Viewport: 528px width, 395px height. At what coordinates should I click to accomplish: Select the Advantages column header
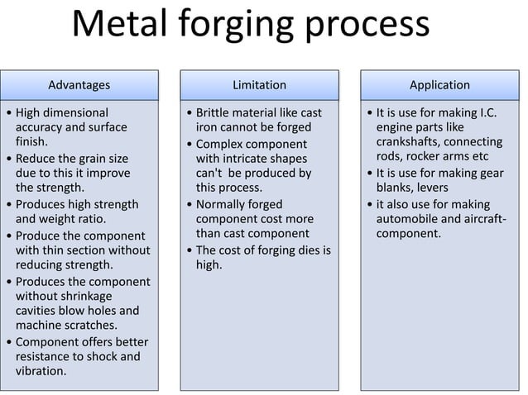(79, 85)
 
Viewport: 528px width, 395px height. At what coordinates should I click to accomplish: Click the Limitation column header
(259, 85)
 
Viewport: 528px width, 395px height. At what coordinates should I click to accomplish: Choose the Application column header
(439, 85)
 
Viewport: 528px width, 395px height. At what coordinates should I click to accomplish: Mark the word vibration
(41, 372)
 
